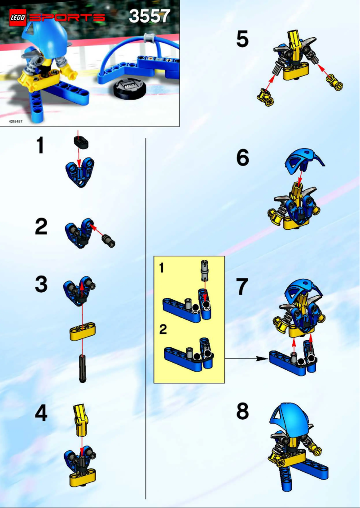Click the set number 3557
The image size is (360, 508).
coord(149,17)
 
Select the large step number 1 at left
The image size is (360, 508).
coord(41,147)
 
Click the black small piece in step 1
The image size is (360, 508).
coord(81,143)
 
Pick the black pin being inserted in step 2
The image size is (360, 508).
coord(109,241)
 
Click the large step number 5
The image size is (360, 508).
coord(242,39)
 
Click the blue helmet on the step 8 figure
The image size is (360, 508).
coord(291,417)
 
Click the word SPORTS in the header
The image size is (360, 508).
coord(67,18)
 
